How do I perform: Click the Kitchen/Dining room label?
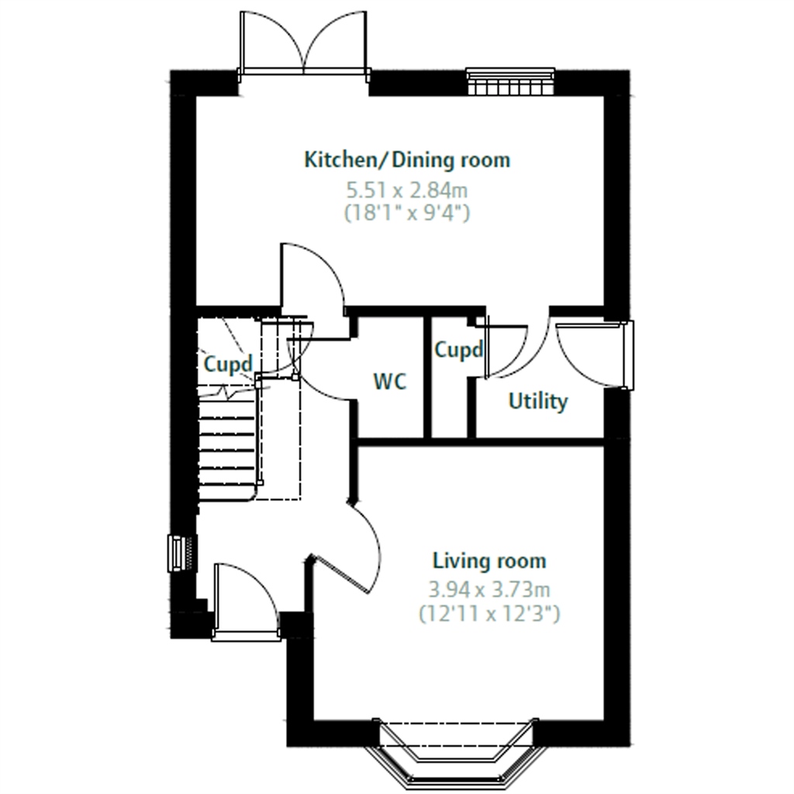point(407,160)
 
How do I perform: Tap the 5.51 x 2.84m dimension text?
point(407,191)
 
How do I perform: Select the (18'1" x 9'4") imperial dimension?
point(407,212)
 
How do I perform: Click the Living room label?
point(489,561)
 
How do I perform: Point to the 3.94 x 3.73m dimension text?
point(489,590)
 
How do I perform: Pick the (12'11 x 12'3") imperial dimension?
point(489,614)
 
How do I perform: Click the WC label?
point(390,381)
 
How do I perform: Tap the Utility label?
point(538,402)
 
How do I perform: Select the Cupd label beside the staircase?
point(228,364)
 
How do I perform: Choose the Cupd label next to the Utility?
point(459,350)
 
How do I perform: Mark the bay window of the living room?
point(456,751)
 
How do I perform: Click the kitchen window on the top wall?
point(510,81)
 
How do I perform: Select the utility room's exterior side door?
point(593,355)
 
